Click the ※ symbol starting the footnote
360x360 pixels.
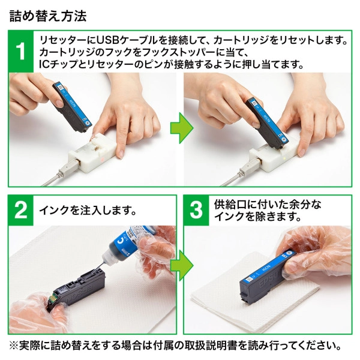click(x=13, y=346)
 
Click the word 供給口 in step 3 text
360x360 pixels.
click(x=229, y=204)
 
